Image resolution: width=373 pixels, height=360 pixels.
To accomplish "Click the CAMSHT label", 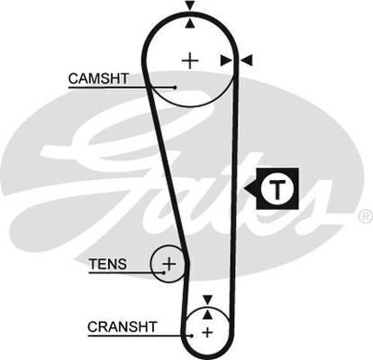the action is point(98,78).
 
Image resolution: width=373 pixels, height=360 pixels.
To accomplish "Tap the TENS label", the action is point(108,265).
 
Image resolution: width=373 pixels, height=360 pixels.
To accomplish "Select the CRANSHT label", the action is point(123,327).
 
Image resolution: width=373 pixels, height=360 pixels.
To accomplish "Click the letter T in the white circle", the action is point(277,190).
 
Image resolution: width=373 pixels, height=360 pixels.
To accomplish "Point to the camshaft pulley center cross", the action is point(190,61).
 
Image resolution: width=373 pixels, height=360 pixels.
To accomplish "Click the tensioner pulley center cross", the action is point(169,264).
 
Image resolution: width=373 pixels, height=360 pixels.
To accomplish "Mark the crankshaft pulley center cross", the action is point(207,332).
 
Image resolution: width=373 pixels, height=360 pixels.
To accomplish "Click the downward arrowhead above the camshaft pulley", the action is point(190,5).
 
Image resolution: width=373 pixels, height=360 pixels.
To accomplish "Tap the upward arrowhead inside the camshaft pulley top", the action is point(190,24).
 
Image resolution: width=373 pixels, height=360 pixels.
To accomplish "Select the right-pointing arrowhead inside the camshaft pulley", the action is point(226,60).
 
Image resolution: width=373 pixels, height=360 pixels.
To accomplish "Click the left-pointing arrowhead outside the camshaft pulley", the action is point(248,60).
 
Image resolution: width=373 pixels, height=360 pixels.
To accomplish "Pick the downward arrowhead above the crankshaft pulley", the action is point(207,300).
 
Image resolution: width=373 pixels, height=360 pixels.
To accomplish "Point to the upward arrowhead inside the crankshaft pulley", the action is point(207,314).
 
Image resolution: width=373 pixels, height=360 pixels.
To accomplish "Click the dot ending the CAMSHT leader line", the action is point(175,87).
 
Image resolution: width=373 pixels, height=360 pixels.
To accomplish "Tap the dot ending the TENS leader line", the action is point(164,273).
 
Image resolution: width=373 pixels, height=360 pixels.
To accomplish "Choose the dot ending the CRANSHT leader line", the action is point(191,336).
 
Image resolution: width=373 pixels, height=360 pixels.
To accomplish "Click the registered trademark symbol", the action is point(366,217).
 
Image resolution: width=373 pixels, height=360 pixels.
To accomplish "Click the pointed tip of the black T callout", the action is point(244,189).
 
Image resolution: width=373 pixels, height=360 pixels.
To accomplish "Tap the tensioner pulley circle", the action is point(151,264).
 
